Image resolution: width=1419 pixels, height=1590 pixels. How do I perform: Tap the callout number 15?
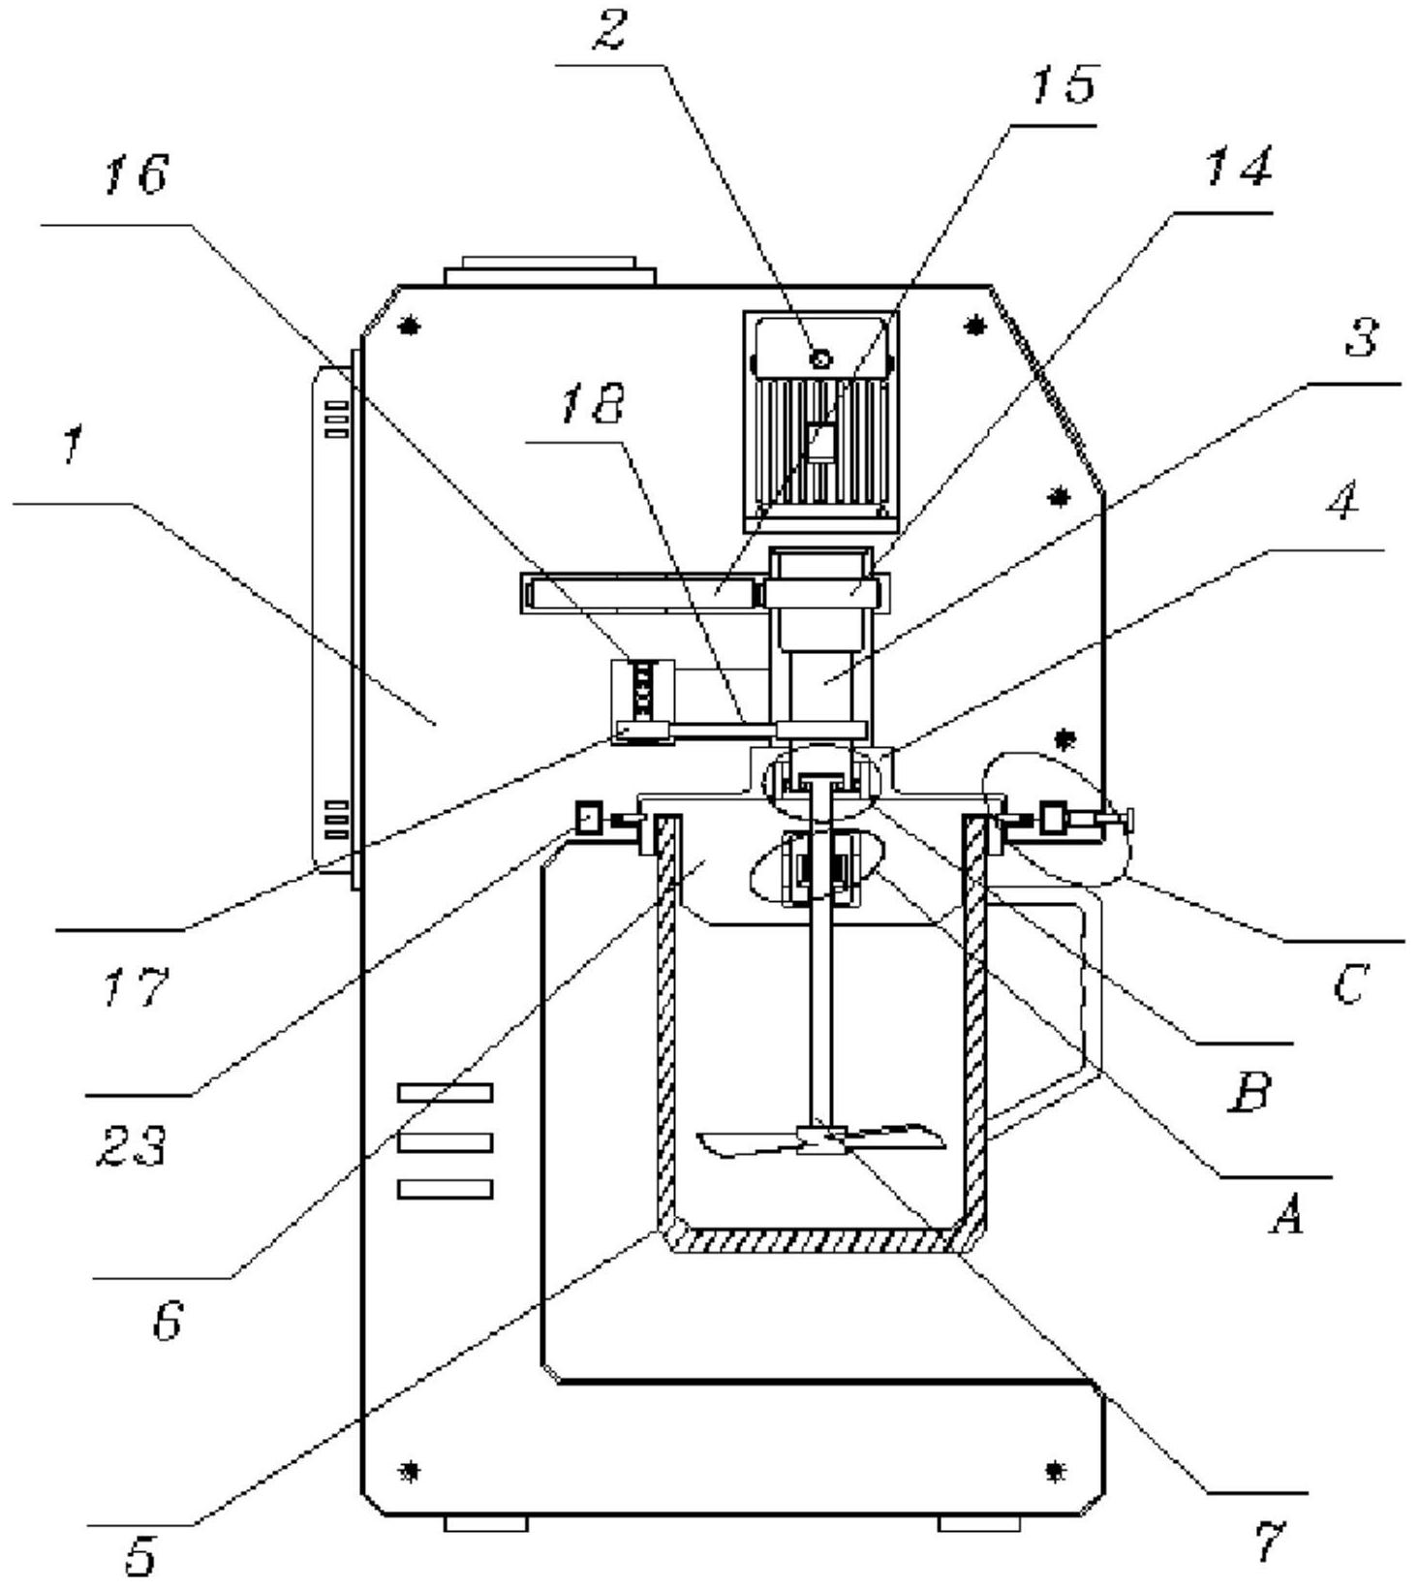tap(1062, 84)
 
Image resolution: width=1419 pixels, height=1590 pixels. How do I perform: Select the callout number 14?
tap(1237, 168)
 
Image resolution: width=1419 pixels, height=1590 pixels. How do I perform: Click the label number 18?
tap(592, 403)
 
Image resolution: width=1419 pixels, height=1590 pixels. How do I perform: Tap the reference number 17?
tap(136, 987)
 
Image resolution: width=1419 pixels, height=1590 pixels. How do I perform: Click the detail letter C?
tap(1348, 985)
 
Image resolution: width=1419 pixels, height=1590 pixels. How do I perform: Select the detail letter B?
tap(1248, 1091)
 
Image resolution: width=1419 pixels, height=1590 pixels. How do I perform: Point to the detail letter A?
tap(1285, 1213)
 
